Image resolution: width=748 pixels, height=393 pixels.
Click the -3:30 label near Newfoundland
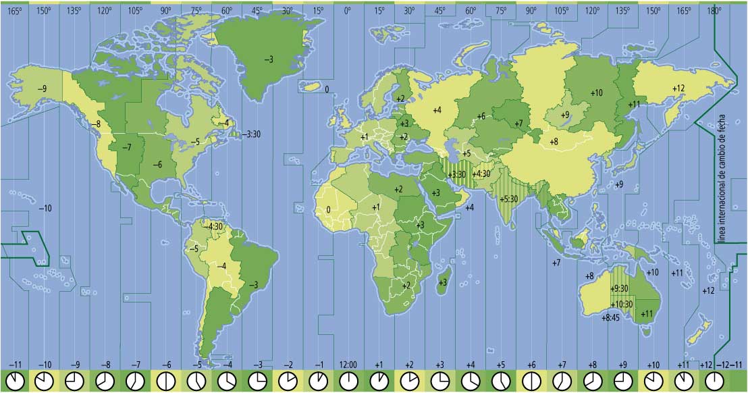click(252, 134)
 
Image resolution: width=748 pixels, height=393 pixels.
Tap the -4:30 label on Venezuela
click(214, 226)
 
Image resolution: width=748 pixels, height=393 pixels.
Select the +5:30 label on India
click(509, 199)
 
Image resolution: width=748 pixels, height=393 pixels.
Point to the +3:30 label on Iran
click(457, 175)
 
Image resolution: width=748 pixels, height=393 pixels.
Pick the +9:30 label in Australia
click(619, 288)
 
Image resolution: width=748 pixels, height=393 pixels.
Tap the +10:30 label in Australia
click(621, 304)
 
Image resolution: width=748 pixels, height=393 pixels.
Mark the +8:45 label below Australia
click(610, 317)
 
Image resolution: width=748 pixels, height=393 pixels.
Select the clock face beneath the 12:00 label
click(348, 381)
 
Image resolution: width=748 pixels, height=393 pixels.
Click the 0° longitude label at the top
click(348, 11)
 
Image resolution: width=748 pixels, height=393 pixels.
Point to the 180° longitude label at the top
click(714, 11)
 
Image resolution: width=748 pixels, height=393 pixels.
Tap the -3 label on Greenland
click(269, 60)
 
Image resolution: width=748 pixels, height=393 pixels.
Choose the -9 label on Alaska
click(42, 89)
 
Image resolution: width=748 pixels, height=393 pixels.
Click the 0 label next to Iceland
click(327, 89)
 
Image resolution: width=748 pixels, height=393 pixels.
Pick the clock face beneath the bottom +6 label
click(531, 381)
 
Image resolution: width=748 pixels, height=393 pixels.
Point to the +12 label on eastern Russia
click(678, 88)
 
